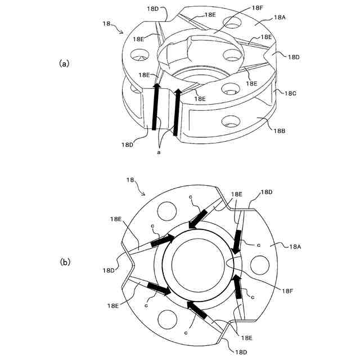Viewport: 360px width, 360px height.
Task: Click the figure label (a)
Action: [64, 64]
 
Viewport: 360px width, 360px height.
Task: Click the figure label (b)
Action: [65, 262]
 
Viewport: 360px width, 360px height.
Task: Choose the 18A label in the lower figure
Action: [297, 246]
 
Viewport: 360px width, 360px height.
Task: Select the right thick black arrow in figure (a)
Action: [177, 112]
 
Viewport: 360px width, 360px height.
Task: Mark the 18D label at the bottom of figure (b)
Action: [241, 352]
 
